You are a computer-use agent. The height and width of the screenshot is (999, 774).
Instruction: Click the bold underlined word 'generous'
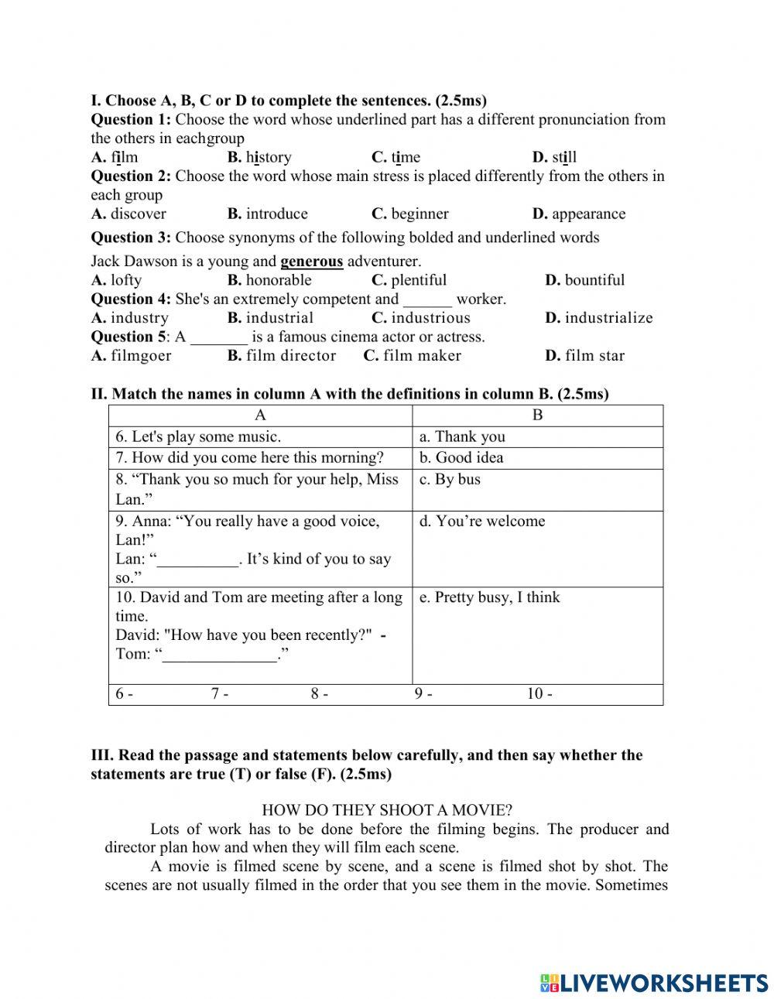tap(311, 262)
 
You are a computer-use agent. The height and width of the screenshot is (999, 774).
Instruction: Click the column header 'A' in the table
tap(260, 416)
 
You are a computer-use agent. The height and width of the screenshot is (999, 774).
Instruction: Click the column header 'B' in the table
tap(537, 416)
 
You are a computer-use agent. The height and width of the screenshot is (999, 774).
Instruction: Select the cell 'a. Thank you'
tap(462, 436)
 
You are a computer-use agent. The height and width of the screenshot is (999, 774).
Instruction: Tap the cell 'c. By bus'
tap(450, 479)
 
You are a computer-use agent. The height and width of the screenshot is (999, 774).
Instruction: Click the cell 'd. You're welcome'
tap(482, 521)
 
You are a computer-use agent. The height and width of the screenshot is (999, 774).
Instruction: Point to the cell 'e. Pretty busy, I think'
tap(489, 597)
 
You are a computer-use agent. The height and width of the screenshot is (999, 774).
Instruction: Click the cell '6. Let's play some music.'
tap(198, 436)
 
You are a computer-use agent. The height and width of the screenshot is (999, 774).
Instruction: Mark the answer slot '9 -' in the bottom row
tap(423, 694)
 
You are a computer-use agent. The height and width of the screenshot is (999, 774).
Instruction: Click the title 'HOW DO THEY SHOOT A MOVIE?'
tap(387, 810)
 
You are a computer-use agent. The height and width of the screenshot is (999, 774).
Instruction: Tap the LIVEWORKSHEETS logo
tap(654, 983)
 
